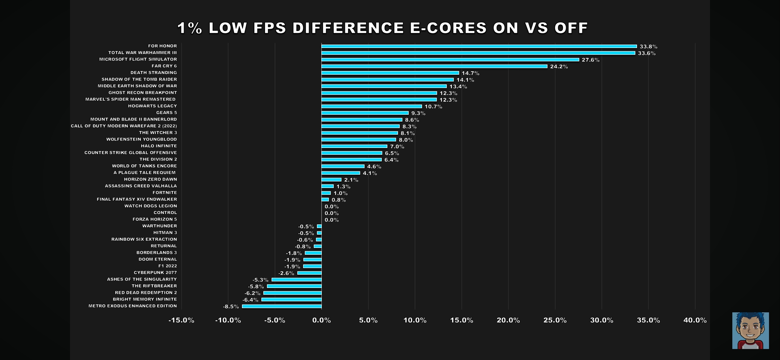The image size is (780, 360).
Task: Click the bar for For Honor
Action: point(479,46)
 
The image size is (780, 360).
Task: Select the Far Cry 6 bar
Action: point(434,66)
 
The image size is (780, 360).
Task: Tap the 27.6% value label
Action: point(590,60)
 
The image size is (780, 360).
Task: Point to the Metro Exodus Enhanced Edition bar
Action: point(282,306)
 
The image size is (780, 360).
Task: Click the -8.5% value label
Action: point(231,307)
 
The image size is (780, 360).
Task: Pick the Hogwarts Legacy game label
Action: point(152,106)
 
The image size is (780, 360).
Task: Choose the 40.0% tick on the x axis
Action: point(695,320)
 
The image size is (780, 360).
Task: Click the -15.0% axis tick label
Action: point(181,320)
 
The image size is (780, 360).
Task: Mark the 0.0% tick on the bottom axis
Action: point(321,320)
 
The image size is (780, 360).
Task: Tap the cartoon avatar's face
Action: point(750,328)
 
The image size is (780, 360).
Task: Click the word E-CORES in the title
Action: point(448,28)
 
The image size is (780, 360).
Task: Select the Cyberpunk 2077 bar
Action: point(309,273)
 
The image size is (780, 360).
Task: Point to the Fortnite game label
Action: point(165,193)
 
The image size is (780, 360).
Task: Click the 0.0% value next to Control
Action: point(331,213)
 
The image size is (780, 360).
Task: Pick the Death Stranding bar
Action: point(390,73)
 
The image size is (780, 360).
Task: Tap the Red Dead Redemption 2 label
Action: point(146,293)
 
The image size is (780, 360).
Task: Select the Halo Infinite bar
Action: point(354,146)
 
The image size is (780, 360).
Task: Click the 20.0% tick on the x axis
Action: point(508,320)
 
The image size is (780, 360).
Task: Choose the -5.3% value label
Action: point(260,280)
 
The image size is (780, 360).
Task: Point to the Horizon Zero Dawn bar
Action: point(331,180)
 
